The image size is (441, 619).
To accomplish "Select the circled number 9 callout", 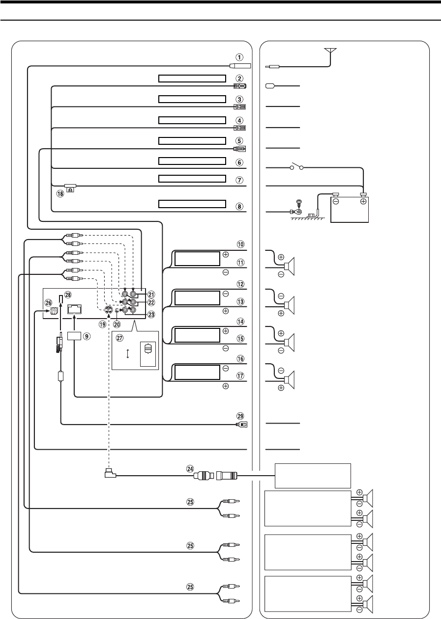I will pos(87,337).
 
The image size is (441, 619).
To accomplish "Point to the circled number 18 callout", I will pos(60,194).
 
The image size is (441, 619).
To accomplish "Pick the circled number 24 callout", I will pos(190,469).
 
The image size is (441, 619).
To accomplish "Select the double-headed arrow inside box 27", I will pos(128,354).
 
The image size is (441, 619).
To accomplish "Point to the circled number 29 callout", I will pos(239,415).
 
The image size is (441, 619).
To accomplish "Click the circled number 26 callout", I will pos(49,303).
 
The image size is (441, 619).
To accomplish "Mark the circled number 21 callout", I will pos(151,295).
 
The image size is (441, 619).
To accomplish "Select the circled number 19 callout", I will pos(102,324).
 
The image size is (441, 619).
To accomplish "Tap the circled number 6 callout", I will pos(239,161).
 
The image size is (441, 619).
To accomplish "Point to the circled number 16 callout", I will pos(239,359).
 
